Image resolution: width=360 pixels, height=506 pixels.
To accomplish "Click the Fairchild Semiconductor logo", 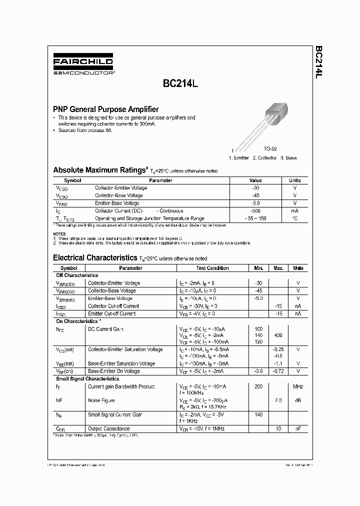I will point(83,65).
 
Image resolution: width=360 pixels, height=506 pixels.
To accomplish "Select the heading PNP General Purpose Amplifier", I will point(106,109).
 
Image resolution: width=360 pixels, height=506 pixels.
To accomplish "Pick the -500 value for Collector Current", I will point(255,211).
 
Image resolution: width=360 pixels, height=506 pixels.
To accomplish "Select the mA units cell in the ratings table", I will point(294,211).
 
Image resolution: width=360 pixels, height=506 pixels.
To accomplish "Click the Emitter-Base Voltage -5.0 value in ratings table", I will point(255,203).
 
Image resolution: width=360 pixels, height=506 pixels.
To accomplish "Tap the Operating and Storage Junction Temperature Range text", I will point(149,218).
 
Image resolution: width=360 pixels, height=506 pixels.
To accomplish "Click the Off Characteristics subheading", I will point(76,275).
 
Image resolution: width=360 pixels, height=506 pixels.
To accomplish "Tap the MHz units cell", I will point(298,386).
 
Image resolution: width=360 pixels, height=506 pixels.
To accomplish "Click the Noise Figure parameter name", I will point(101,400).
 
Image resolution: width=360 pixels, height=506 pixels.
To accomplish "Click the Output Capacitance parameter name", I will point(108,428).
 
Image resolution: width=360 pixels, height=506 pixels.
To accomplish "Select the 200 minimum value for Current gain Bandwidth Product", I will point(258,386).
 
